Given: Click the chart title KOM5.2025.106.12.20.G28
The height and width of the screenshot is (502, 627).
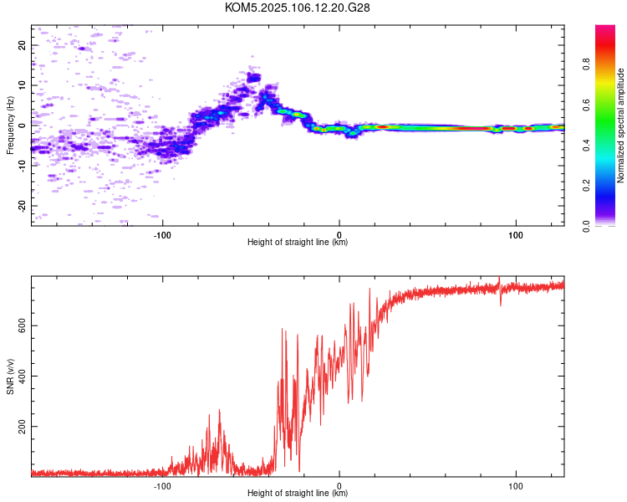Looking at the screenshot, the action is point(297,8).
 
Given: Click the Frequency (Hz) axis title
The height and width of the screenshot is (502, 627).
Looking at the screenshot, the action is point(10,125).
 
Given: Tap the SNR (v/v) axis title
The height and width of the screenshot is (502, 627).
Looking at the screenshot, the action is point(10,376).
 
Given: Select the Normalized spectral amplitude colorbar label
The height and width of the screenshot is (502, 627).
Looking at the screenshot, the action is point(620,125).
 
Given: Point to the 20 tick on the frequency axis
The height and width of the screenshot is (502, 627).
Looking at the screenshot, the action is point(22,45).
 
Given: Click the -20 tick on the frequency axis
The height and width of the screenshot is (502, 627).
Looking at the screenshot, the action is point(22,206).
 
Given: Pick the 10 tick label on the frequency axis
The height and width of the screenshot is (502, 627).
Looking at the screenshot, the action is point(22,85).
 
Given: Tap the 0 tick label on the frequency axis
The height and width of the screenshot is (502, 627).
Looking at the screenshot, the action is point(22,125).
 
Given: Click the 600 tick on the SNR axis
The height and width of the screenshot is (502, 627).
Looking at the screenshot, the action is point(22,325).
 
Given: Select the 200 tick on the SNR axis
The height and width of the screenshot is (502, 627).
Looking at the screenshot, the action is point(22,427).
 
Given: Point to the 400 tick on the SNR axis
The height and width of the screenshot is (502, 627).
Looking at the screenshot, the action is point(22,376).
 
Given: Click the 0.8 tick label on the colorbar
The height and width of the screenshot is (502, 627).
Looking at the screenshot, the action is point(586,64).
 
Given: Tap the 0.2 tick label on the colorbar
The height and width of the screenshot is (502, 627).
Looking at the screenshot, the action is point(586,186).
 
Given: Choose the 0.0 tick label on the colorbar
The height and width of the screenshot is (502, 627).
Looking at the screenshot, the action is point(586,226).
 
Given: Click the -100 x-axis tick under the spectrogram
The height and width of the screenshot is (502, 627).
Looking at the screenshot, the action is point(162,235).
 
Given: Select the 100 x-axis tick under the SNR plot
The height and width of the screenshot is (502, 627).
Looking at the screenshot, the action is point(516,486).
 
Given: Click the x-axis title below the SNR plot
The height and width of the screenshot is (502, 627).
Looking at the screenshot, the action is point(298,493).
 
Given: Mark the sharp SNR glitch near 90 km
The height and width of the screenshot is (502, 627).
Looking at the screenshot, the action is point(500,291).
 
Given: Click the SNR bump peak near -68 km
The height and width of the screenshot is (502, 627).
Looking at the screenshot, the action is point(219,410).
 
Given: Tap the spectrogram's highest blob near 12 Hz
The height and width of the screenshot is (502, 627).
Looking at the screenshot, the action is point(253,77).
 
